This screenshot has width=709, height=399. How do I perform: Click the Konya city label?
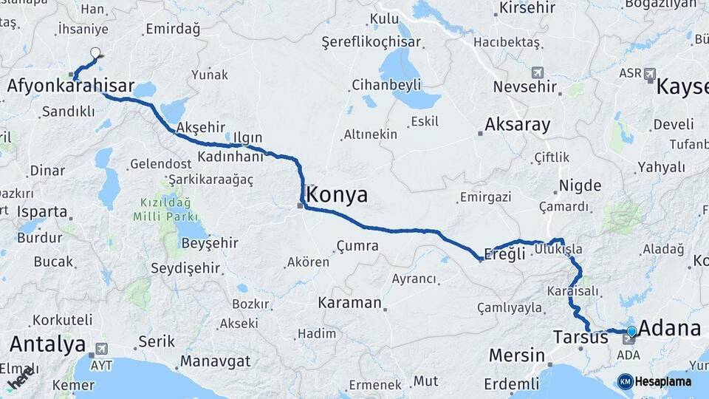(x=336, y=196)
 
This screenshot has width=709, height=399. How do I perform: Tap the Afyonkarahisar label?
(x=71, y=86)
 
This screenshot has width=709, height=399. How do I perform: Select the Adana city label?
(x=669, y=328)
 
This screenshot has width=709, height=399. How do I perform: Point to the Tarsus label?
(x=580, y=338)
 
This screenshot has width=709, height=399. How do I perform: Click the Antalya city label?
(x=48, y=344)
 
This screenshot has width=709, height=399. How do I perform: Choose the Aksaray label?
(x=518, y=124)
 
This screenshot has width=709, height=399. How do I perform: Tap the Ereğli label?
(x=505, y=253)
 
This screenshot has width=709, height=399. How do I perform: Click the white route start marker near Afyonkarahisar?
(x=95, y=53)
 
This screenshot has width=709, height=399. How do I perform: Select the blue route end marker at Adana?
(x=631, y=332)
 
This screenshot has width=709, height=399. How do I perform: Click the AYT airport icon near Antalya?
(x=100, y=348)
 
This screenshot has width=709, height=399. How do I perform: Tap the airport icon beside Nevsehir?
(x=537, y=72)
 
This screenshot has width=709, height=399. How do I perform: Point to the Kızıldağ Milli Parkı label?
(x=165, y=210)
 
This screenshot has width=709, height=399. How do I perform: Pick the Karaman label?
(x=349, y=303)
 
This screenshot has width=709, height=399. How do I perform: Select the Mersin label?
(x=516, y=355)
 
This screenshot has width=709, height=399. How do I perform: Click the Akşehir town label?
(x=201, y=126)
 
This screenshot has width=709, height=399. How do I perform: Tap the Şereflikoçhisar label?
(x=371, y=43)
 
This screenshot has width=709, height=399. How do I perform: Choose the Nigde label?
(x=580, y=185)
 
